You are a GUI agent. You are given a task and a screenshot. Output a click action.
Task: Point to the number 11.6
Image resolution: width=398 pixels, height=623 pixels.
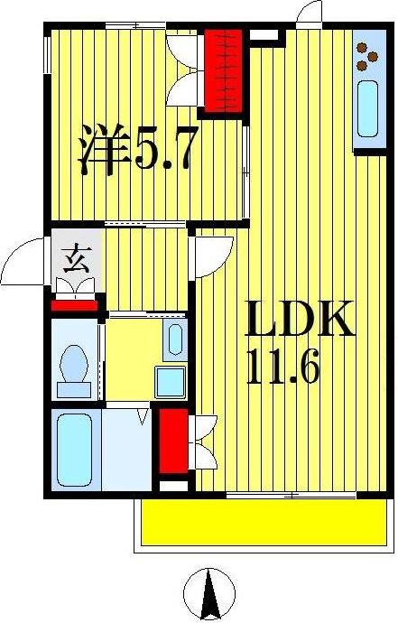pyautogui.click(x=283, y=368)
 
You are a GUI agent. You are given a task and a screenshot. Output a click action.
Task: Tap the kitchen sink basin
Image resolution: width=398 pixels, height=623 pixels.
pyautogui.click(x=368, y=109)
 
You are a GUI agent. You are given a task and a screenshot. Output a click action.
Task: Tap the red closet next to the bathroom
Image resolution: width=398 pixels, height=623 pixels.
pyautogui.click(x=172, y=442)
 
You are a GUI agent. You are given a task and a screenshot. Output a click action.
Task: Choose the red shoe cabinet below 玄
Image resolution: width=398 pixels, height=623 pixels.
pyautogui.click(x=74, y=303)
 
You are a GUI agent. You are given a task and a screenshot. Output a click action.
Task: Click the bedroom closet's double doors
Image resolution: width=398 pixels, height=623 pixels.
pyautogui.click(x=188, y=68)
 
